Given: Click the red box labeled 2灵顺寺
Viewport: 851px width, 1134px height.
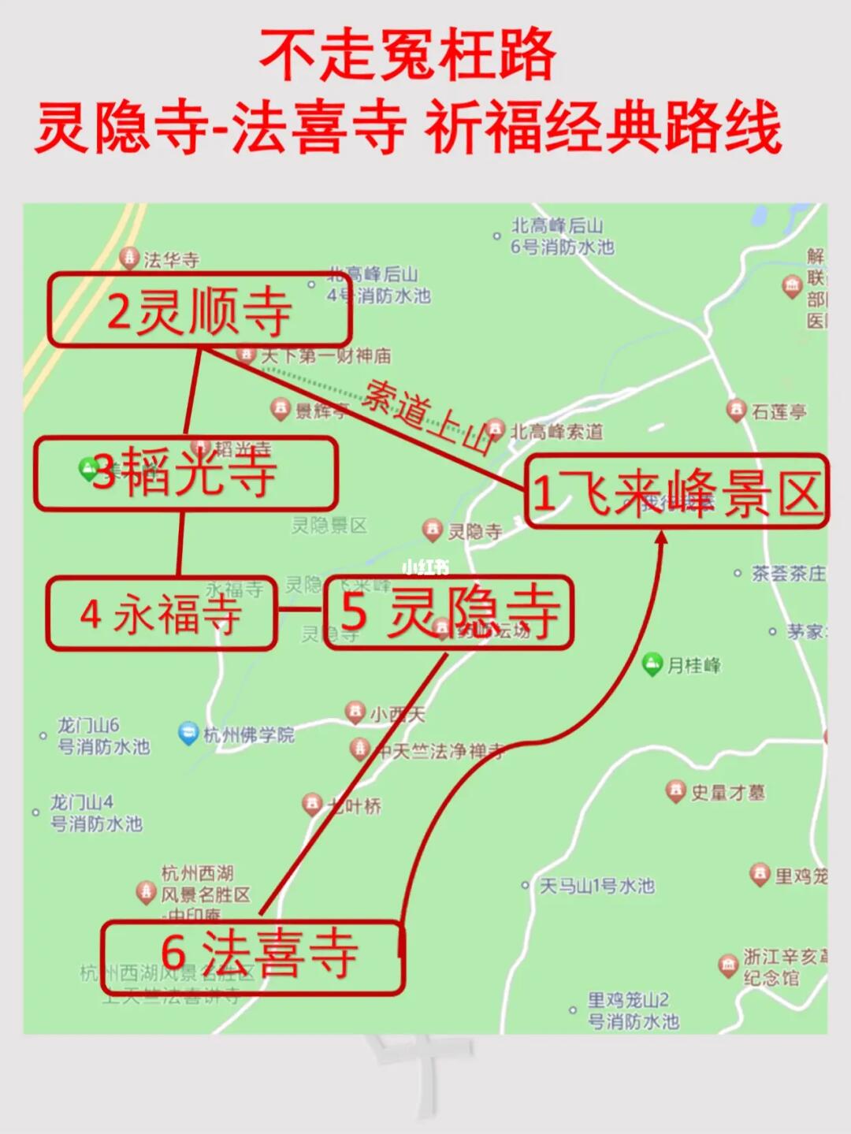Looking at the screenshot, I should coord(199,310).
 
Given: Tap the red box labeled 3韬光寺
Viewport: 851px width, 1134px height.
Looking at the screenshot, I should coord(185,473).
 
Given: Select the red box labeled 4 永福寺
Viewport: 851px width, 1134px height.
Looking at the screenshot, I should coord(161,614).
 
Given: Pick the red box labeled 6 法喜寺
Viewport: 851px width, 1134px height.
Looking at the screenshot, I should coord(252,956).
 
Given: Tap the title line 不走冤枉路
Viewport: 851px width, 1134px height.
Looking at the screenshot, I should coord(407,55).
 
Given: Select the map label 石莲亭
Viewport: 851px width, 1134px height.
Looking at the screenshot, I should coord(779,411).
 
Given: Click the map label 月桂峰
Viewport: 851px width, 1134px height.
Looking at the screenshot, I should coord(693,666).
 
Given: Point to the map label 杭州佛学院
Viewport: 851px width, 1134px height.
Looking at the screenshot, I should coord(249,735).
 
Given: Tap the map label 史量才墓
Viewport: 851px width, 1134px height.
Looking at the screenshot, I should coord(727,792).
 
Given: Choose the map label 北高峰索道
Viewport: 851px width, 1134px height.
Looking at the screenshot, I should coord(556,431).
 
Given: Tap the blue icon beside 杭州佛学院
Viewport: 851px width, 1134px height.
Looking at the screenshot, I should coord(188,734).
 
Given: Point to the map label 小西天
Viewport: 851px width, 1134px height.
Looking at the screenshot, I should coord(397,714).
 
